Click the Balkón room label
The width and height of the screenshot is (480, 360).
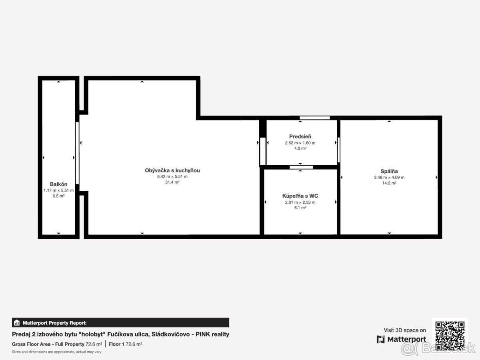58,184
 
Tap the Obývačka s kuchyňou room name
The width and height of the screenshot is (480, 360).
172,170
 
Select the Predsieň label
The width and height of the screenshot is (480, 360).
300,137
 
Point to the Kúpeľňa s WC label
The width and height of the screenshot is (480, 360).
300,196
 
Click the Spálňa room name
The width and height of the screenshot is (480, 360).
389,171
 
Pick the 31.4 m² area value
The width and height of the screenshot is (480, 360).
172,182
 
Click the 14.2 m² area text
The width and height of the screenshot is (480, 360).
389,183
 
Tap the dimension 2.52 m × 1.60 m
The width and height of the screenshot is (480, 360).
300,143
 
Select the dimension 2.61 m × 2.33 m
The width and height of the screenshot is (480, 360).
300,202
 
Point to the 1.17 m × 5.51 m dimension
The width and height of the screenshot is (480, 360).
58,190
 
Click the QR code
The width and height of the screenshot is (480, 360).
450,336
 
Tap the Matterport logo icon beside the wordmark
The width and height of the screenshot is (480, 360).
381,339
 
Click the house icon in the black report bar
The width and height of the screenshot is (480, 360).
17,323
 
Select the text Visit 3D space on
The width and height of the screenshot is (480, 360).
405,330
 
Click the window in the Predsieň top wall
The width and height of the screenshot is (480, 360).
314,118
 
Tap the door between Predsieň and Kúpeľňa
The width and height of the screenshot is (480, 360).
301,167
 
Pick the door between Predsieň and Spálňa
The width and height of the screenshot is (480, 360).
338,150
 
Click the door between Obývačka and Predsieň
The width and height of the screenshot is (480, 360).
263,151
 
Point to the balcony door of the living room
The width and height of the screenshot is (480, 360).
77,153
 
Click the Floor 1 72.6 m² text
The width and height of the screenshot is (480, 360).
125,344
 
